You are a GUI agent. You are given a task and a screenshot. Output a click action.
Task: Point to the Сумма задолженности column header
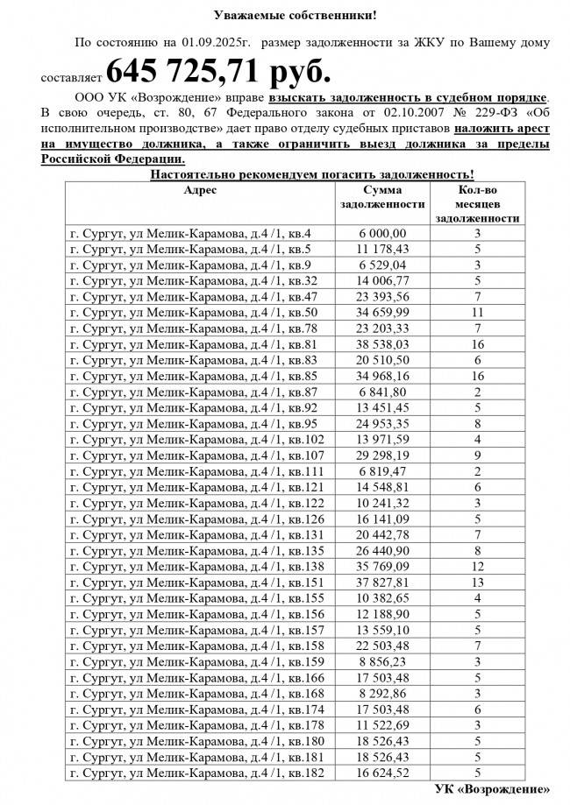click(x=382, y=197)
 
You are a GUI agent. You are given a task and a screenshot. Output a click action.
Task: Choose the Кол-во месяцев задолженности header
click(x=478, y=204)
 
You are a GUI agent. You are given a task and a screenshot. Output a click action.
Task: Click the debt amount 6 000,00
click(x=382, y=234)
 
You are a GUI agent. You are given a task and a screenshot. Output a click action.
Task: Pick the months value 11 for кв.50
click(x=478, y=311)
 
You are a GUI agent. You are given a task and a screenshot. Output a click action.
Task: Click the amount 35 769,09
click(x=382, y=566)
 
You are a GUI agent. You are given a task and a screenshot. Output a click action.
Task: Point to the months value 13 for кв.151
click(x=478, y=582)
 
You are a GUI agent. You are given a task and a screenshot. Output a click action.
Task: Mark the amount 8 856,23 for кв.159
click(x=382, y=660)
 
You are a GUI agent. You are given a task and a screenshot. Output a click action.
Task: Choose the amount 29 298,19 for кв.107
click(x=382, y=455)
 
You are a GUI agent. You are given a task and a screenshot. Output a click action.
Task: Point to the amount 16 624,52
click(x=382, y=773)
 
